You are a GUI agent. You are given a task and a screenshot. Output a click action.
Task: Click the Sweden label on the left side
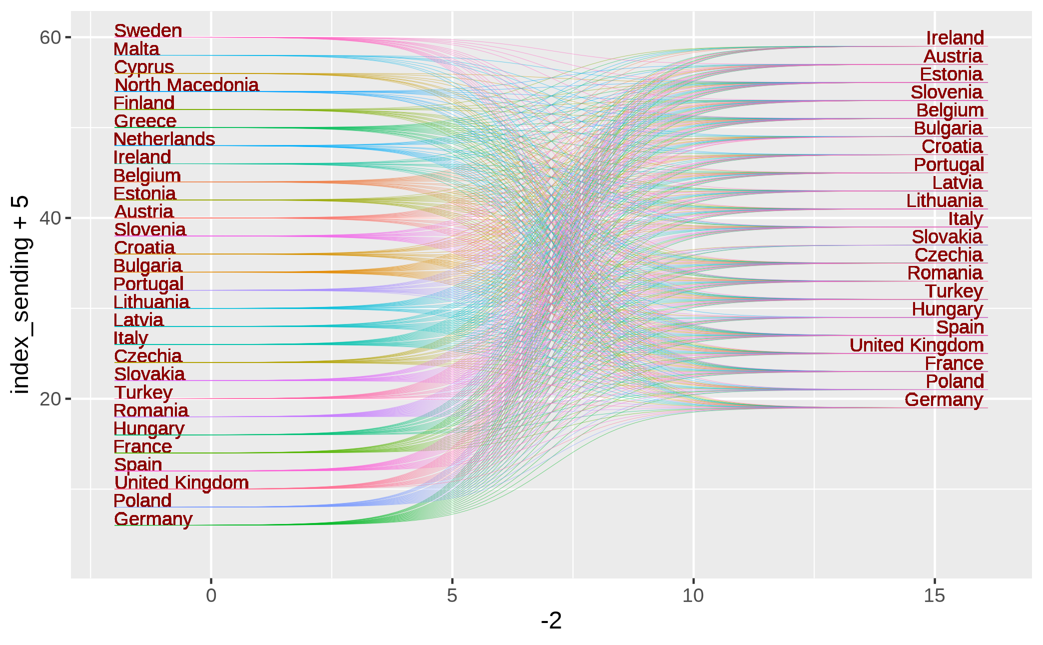[148, 30]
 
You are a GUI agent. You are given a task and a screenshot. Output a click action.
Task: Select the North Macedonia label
[186, 85]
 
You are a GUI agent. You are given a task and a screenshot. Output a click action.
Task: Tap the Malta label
[136, 49]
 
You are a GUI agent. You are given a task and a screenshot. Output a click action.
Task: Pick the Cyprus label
[144, 67]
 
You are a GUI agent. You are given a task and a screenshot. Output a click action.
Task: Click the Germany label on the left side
[153, 519]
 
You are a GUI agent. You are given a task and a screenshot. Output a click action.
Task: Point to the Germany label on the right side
[944, 399]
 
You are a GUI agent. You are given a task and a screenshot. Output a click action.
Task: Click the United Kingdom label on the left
[181, 482]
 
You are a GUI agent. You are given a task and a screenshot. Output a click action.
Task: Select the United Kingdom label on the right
[916, 345]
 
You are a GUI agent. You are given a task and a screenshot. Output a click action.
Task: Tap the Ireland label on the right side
[955, 37]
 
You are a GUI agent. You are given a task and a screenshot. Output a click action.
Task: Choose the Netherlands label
[164, 139]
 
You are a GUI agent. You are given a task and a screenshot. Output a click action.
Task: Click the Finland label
[144, 103]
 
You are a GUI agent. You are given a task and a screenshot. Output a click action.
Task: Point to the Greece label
[145, 121]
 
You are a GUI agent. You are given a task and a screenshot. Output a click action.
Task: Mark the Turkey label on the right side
[954, 291]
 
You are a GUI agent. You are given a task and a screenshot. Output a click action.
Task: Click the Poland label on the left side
[142, 500]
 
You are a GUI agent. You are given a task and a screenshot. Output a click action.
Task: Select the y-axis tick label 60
[50, 37]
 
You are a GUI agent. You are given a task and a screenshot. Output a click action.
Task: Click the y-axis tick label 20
[50, 399]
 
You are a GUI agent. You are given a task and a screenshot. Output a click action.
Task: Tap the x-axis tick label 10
[693, 595]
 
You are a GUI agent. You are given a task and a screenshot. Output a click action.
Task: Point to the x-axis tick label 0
[211, 595]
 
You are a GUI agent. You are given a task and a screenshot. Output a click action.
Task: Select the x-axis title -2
[551, 621]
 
